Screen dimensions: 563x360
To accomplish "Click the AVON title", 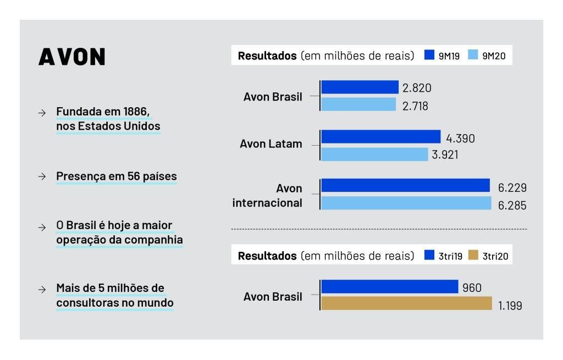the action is pos(72,57).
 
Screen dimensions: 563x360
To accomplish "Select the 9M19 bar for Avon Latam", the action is pos(381,136).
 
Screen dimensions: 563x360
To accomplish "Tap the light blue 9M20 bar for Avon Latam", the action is pos(374,154).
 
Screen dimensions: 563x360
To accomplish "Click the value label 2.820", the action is pos(417,88).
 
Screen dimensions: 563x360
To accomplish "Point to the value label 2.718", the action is pos(415,106).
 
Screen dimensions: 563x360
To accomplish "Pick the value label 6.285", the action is pos(512,206).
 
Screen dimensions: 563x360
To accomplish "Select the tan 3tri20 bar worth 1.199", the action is pos(406,303).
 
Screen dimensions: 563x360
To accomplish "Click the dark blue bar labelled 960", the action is pos(390,286).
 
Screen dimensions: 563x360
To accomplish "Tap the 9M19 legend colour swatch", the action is pos(429,54).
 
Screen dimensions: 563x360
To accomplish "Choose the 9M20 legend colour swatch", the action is pos(473,54).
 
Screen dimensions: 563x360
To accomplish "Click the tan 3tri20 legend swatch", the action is pos(473,255).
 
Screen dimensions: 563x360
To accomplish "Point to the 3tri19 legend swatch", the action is pos(429,255).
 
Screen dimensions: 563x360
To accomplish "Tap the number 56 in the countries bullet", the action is pos(133,176).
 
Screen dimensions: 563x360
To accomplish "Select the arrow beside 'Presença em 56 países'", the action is pos(42,176).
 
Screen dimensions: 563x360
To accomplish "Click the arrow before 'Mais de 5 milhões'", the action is pos(42,289).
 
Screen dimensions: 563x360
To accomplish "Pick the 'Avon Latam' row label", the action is pos(271,144).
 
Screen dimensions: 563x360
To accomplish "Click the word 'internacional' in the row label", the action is pos(267,203).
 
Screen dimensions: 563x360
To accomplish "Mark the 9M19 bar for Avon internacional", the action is pos(405,185).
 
